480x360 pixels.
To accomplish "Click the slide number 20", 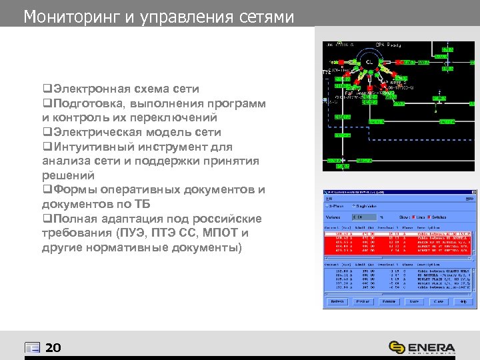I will click(53, 348).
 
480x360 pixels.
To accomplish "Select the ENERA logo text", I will click(431, 347).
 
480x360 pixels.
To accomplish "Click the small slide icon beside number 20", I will click(32, 348).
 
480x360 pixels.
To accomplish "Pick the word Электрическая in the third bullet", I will click(95, 132).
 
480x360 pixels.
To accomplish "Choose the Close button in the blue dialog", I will click(439, 301).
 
